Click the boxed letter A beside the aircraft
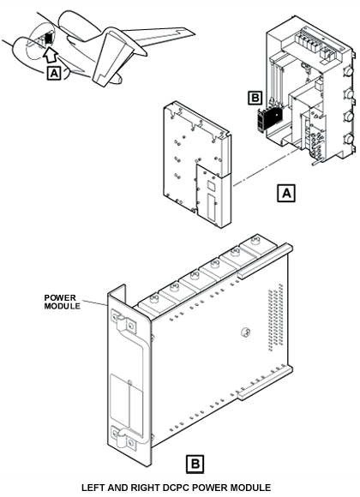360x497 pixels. (x=54, y=74)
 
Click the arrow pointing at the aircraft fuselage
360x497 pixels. (x=50, y=55)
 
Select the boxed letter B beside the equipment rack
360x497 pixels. (x=255, y=98)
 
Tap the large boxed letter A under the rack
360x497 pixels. (x=286, y=193)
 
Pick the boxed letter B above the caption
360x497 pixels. (x=195, y=464)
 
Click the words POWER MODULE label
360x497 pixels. (x=62, y=302)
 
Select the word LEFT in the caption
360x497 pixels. (x=93, y=488)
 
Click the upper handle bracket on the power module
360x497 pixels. (x=123, y=321)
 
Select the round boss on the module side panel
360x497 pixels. (x=245, y=332)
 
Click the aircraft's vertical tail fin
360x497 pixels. (x=113, y=57)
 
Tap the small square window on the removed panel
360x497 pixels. (x=211, y=185)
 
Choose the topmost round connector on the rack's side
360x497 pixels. (x=348, y=70)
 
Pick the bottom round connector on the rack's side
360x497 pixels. (x=349, y=139)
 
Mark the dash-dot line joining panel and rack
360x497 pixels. (x=265, y=168)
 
